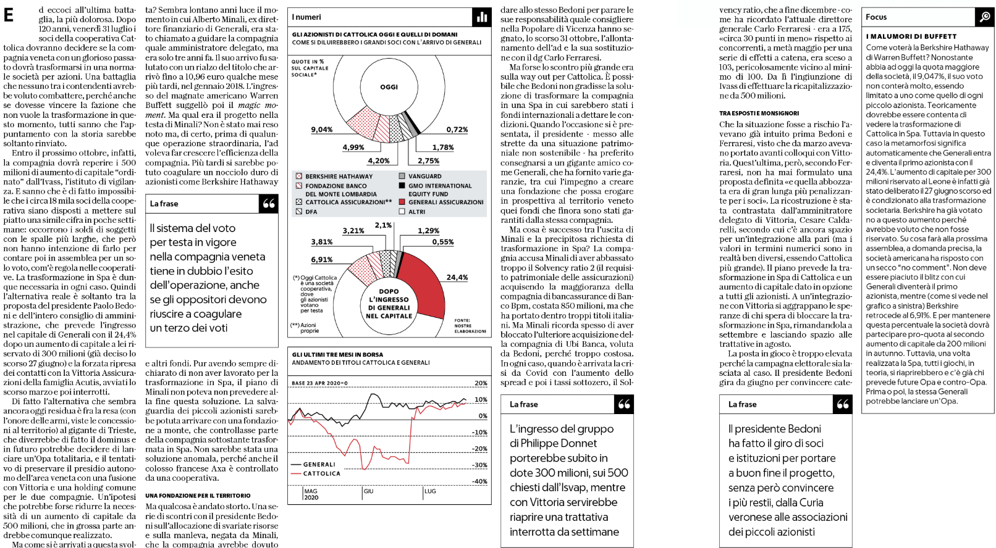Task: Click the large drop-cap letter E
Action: [9, 15]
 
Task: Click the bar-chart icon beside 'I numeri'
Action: [482, 17]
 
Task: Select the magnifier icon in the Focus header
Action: [985, 17]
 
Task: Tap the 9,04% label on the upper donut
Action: [321, 130]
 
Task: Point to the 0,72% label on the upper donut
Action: [457, 130]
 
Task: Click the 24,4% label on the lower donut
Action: [457, 278]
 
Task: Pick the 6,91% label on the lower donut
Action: [321, 260]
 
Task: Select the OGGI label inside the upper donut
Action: [389, 87]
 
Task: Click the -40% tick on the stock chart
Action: [479, 481]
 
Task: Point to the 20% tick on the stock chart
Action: [481, 383]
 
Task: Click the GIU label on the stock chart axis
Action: [368, 491]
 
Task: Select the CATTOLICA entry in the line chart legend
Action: [321, 473]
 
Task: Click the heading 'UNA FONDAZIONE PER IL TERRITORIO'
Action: [198, 496]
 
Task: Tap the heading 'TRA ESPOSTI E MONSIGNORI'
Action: [759, 114]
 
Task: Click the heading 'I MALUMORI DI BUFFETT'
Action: [911, 37]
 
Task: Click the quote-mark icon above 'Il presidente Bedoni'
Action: [842, 404]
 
